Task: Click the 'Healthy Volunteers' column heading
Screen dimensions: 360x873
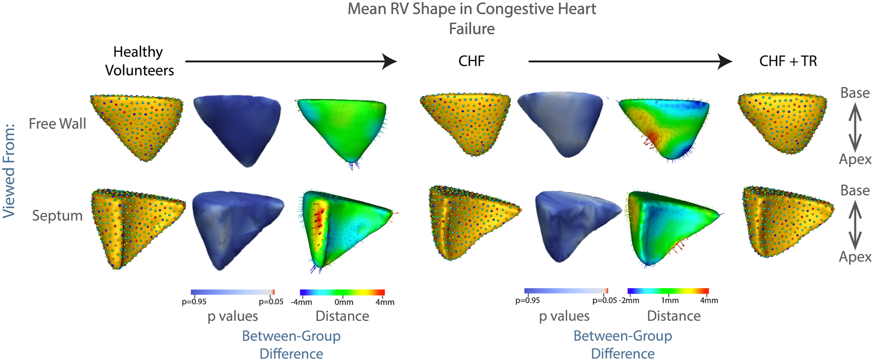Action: pyautogui.click(x=139, y=61)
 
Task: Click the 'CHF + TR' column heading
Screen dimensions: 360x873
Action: pyautogui.click(x=788, y=61)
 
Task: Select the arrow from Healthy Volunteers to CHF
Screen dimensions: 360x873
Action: pyautogui.click(x=291, y=62)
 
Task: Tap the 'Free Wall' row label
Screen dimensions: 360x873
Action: pyautogui.click(x=57, y=124)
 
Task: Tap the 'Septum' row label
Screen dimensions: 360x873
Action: pyautogui.click(x=57, y=216)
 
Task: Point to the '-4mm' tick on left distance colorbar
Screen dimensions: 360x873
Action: pyautogui.click(x=301, y=302)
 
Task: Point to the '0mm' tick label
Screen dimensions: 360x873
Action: pyautogui.click(x=343, y=302)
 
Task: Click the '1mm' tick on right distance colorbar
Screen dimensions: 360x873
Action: pyautogui.click(x=670, y=300)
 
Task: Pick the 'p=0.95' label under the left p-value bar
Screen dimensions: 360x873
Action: pyautogui.click(x=194, y=302)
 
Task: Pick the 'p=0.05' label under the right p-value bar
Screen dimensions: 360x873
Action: pyautogui.click(x=604, y=300)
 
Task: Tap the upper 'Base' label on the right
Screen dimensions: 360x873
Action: pyautogui.click(x=855, y=93)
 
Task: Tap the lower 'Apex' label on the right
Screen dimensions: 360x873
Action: pyautogui.click(x=855, y=257)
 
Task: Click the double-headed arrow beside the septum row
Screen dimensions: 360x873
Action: pyautogui.click(x=855, y=224)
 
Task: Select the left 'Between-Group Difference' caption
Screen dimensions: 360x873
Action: pyautogui.click(x=291, y=345)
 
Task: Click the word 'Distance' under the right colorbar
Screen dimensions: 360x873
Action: pyautogui.click(x=673, y=316)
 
